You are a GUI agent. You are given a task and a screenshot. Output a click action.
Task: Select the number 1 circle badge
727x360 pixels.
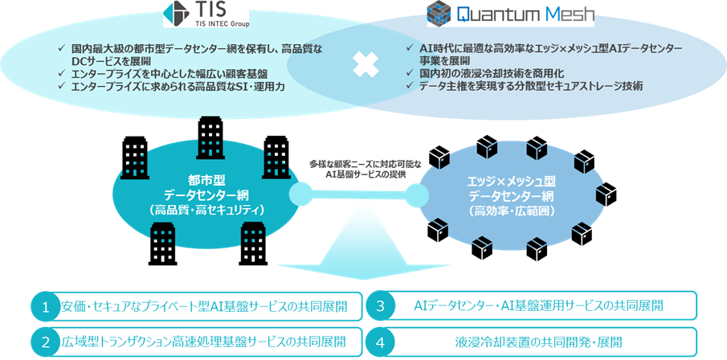click(47, 306)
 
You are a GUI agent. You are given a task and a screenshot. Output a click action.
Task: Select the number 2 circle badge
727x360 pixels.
click(47, 342)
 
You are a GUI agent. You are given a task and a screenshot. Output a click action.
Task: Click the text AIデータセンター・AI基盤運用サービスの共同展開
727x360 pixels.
click(537, 306)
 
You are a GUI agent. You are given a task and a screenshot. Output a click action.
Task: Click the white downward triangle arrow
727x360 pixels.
click(360, 245)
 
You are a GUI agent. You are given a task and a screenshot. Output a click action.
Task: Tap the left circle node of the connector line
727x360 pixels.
click(300, 194)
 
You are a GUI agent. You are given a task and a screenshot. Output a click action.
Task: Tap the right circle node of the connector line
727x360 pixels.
click(418, 194)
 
